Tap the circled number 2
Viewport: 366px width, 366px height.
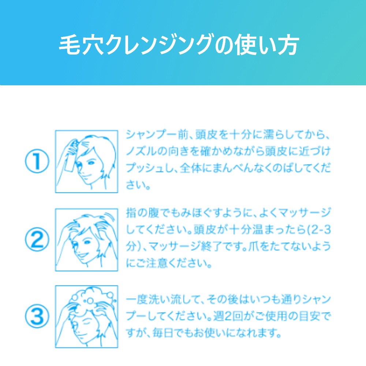pos(37,239)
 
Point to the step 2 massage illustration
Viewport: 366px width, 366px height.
pos(86,240)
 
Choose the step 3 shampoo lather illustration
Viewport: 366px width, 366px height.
pos(86,317)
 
